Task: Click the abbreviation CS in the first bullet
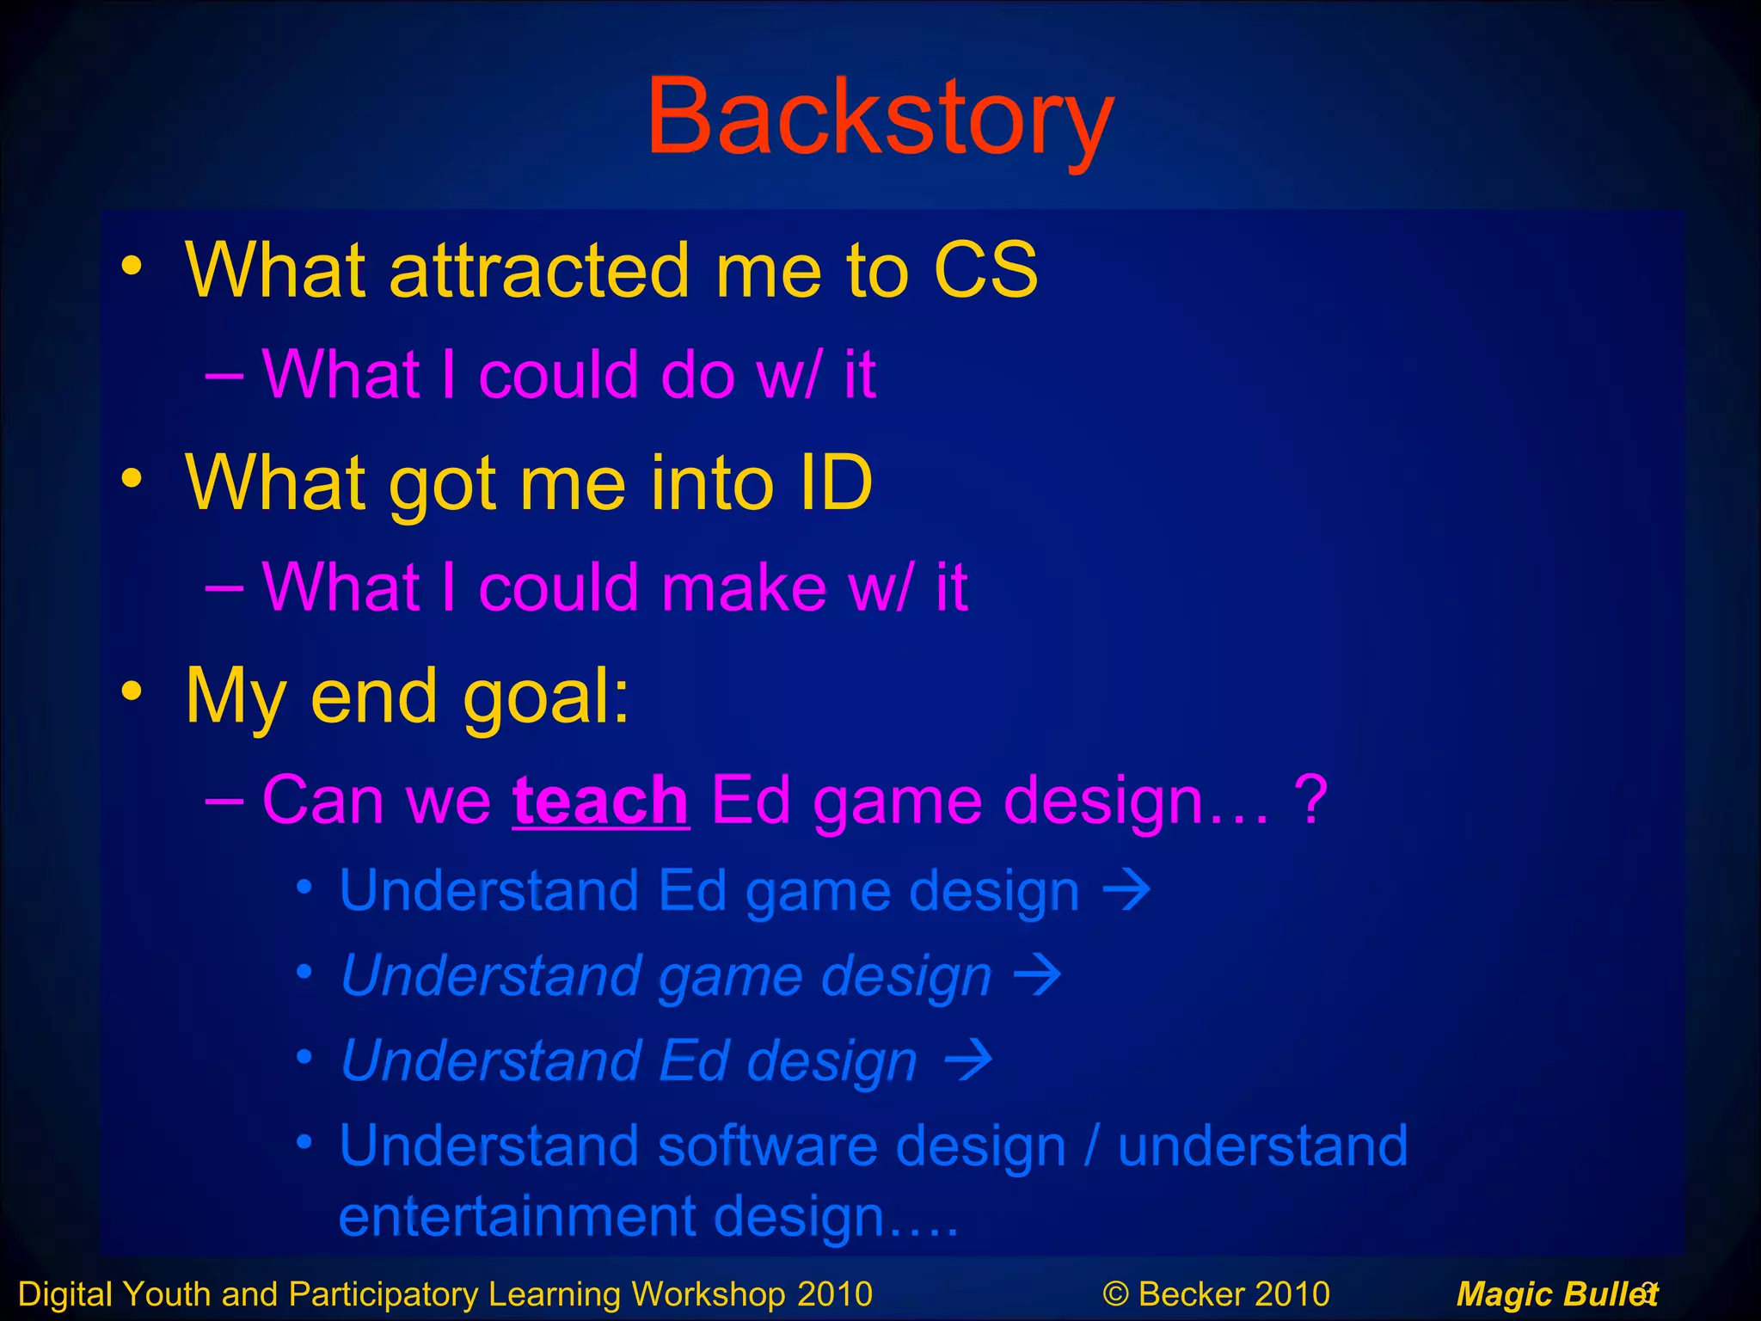click(985, 270)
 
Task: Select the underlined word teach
click(600, 801)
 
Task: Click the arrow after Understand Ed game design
click(1126, 890)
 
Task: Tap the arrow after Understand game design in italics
click(1038, 975)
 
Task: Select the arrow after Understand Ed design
click(968, 1060)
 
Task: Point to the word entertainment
click(516, 1216)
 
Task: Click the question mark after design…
click(1310, 801)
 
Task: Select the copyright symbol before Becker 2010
click(1115, 1293)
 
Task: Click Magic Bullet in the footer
click(1555, 1293)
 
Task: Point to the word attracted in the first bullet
click(539, 270)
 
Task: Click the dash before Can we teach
click(224, 799)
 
